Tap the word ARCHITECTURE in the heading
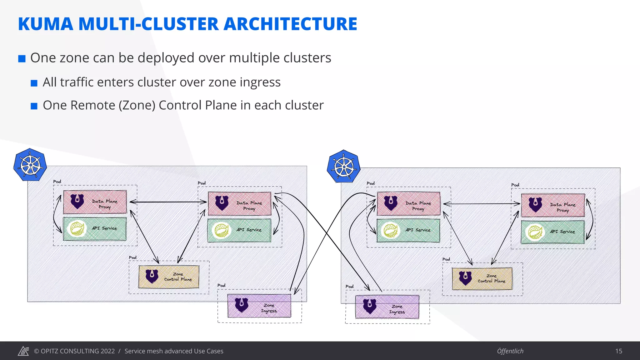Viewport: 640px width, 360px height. pos(290,24)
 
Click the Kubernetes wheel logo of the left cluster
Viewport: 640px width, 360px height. pos(30,165)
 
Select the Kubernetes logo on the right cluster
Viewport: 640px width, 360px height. pos(344,166)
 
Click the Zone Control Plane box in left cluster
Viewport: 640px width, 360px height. pos(169,277)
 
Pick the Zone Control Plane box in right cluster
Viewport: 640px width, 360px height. pos(482,278)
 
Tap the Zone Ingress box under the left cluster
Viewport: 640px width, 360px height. pos(259,306)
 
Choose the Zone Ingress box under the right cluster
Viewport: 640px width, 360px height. pos(387,307)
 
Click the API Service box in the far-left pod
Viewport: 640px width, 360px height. pos(95,229)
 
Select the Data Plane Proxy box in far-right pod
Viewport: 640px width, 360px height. pos(553,205)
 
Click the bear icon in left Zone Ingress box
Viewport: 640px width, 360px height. pos(242,305)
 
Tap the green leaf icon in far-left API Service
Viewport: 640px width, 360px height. pos(77,229)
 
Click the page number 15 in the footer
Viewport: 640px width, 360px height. pos(619,351)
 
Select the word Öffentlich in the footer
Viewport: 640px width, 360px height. pos(510,351)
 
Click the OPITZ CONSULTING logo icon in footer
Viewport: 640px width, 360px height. pos(23,351)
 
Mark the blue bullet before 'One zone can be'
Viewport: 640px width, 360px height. pos(22,59)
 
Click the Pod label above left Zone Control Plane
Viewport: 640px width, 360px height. pos(132,257)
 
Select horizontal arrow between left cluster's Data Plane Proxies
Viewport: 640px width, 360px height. pos(168,202)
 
